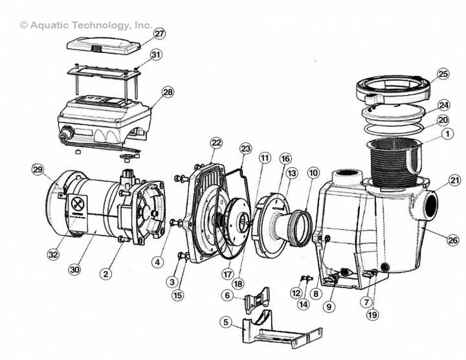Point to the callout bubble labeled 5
(x=226, y=322)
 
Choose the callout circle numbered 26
(x=452, y=240)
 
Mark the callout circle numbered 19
(x=372, y=315)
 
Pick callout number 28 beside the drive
(x=168, y=93)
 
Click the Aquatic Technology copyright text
(x=86, y=25)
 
